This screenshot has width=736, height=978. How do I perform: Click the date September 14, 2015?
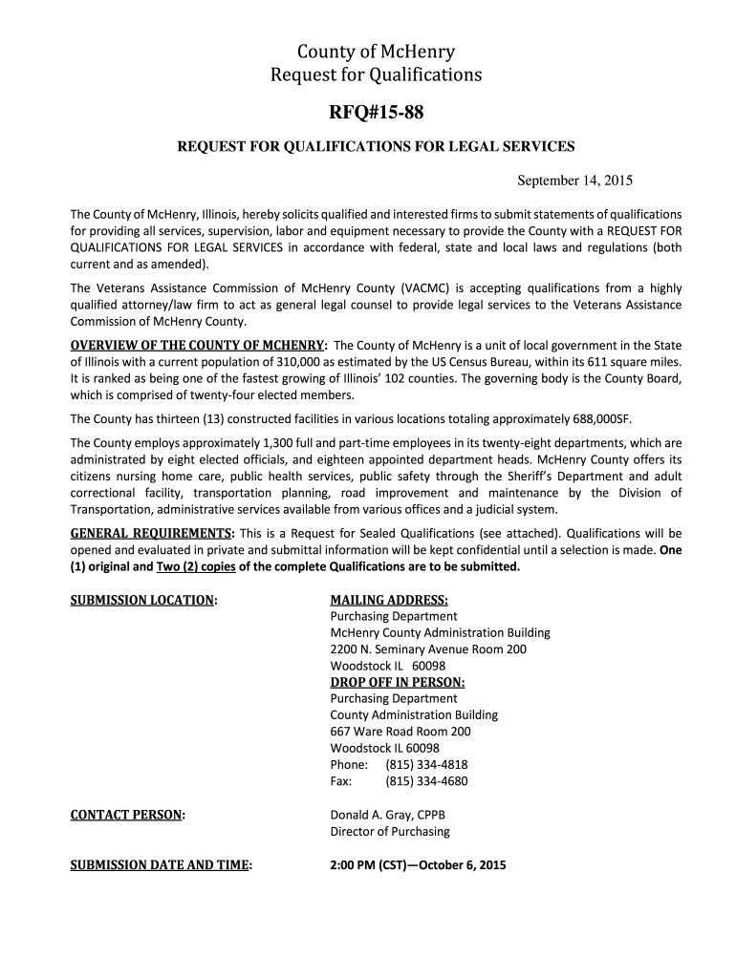click(x=575, y=181)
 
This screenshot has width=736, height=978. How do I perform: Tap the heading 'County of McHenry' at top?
click(x=368, y=52)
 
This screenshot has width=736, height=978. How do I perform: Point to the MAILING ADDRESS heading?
click(x=389, y=600)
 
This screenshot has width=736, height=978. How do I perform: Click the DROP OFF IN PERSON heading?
click(x=398, y=682)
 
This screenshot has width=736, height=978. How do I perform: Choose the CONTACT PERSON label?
click(x=128, y=815)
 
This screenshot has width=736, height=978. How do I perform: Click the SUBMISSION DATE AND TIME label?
click(x=162, y=865)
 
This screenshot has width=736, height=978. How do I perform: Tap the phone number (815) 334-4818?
click(x=426, y=764)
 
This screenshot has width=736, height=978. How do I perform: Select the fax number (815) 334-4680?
click(x=426, y=781)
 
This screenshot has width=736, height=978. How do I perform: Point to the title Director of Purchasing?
click(x=390, y=831)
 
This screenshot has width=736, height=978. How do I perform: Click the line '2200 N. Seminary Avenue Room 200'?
click(x=428, y=649)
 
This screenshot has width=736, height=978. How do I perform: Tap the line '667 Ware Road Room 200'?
click(x=400, y=732)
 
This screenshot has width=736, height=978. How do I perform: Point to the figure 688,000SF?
click(x=596, y=418)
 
